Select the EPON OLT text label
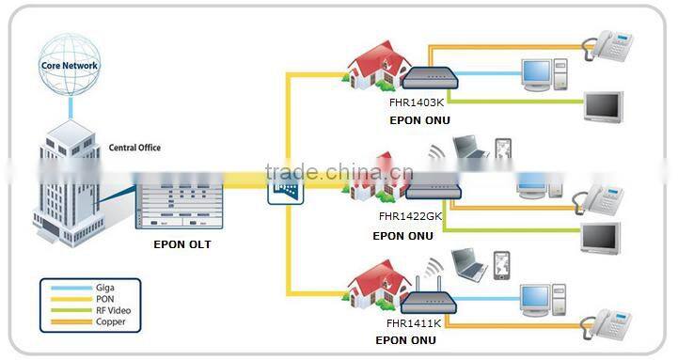click(181, 244)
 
